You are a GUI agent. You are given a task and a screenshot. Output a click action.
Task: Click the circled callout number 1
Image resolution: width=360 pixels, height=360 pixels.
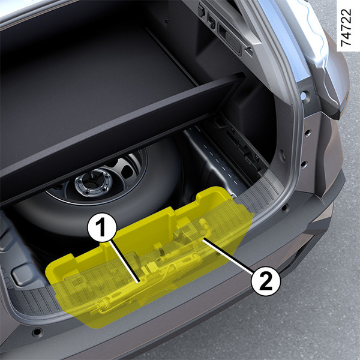(102, 227)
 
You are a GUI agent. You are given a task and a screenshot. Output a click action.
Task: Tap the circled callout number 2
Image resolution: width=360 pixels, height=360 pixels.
(266, 281)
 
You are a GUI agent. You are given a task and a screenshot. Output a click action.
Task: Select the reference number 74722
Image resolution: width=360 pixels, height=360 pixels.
(346, 28)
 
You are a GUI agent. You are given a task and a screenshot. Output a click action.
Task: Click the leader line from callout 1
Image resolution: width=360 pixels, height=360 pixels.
(125, 261)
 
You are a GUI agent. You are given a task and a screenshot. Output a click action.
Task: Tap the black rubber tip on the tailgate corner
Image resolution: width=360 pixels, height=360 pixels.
(336, 115)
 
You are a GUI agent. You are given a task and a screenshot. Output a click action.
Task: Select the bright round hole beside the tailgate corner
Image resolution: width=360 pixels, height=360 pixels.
(304, 95)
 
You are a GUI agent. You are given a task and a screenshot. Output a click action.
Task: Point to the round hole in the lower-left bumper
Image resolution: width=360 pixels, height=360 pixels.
(37, 332)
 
